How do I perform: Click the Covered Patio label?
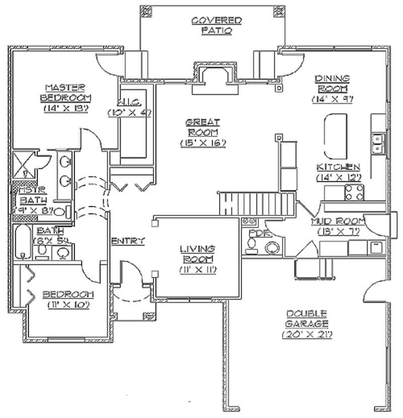point(217,25)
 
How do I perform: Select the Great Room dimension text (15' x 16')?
point(203,143)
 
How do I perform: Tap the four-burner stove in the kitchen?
point(354,191)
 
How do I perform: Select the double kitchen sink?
point(378,144)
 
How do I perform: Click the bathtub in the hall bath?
point(23,242)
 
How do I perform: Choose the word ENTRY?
point(128,241)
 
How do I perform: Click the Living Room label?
point(197,253)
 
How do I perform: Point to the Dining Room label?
point(332,83)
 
